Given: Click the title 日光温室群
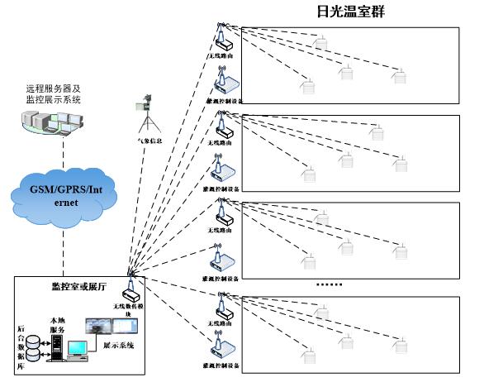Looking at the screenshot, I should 352,12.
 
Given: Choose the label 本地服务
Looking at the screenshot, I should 58,319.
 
